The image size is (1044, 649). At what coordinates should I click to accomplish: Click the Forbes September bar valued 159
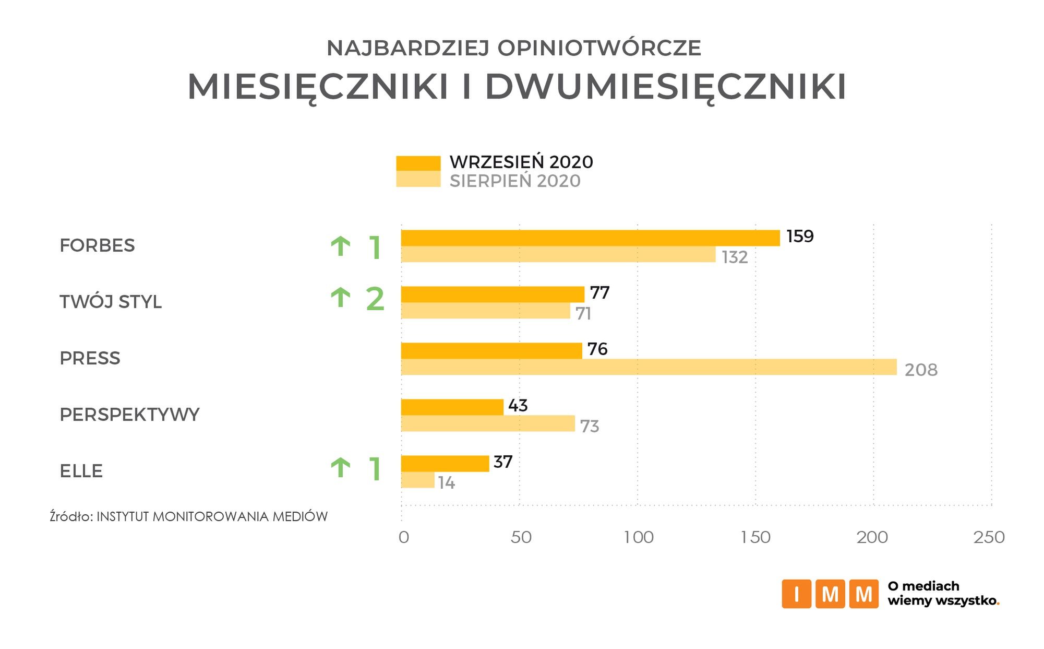tap(590, 238)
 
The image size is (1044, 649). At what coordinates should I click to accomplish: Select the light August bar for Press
tap(649, 367)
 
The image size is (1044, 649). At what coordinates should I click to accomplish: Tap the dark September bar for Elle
tap(445, 464)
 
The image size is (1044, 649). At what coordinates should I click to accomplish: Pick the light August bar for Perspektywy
tap(488, 423)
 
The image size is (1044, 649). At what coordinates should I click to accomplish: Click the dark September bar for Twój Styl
tap(493, 294)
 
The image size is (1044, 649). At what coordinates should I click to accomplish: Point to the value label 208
tap(921, 370)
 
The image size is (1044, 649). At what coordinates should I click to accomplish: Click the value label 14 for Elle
tap(447, 483)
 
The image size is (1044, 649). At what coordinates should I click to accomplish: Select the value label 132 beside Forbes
tap(735, 257)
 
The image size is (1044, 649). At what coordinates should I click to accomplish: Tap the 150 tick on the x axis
tap(755, 537)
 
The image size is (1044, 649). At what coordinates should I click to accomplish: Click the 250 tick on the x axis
tap(989, 537)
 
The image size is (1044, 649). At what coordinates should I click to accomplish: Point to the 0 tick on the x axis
tap(403, 537)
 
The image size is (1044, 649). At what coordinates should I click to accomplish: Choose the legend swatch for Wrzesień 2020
tap(418, 163)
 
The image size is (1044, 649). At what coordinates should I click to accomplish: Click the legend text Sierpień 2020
tap(515, 181)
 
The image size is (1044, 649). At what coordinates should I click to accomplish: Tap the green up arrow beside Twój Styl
tap(340, 298)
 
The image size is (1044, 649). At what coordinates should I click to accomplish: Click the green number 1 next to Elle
tap(375, 469)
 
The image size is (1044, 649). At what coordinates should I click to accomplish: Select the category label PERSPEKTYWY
tap(129, 415)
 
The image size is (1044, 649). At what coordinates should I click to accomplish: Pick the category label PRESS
tap(90, 358)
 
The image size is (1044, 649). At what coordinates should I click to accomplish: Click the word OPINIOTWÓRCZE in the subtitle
tap(599, 48)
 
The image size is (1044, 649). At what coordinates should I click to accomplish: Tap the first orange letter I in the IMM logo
tap(796, 594)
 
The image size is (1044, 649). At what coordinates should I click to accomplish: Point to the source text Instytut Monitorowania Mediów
tap(212, 517)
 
